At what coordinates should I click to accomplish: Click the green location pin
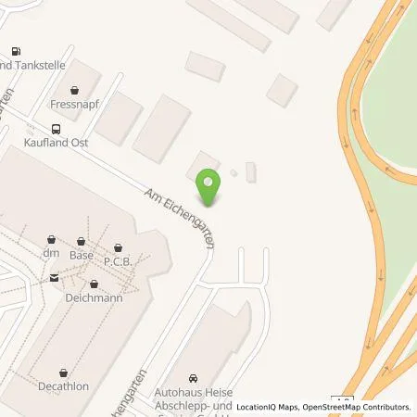point(210,187)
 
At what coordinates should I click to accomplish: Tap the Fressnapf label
point(74,105)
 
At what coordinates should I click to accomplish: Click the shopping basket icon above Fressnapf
point(74,91)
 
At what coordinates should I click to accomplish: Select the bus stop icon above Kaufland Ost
point(57,129)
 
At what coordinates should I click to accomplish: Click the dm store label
point(50,251)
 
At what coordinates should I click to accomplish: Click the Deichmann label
point(94,298)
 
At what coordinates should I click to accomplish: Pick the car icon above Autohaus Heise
point(193,378)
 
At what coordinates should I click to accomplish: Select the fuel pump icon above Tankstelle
point(17,51)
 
